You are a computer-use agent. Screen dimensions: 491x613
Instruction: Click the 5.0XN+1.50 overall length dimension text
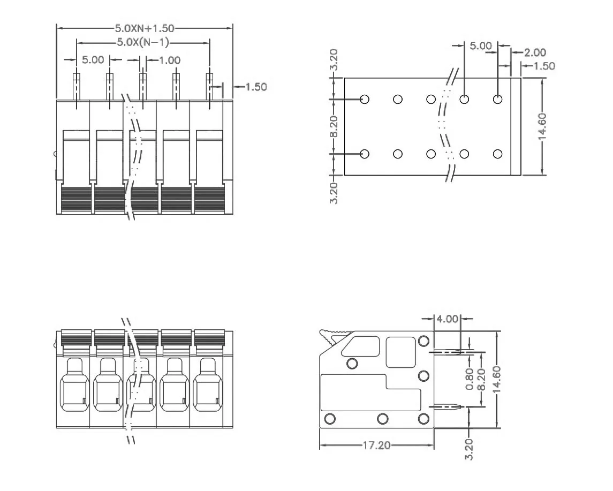click(x=145, y=28)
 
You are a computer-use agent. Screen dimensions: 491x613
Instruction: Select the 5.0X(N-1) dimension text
click(x=143, y=43)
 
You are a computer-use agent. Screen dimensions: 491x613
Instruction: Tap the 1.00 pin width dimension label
click(x=170, y=61)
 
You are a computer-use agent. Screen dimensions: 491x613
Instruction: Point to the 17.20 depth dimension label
click(x=376, y=445)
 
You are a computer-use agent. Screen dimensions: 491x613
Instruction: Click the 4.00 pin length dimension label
click(x=448, y=319)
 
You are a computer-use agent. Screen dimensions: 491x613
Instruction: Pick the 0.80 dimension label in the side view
click(x=470, y=379)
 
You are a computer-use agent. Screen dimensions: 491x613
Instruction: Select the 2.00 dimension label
click(x=535, y=52)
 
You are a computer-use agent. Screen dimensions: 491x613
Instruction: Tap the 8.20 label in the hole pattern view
click(x=333, y=126)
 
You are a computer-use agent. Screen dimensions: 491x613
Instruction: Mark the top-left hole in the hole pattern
click(x=365, y=99)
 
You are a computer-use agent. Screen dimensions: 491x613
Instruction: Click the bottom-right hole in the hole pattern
click(x=497, y=154)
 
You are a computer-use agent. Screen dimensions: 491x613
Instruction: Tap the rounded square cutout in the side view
click(x=400, y=352)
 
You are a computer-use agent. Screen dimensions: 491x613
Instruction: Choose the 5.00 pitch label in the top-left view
click(x=93, y=60)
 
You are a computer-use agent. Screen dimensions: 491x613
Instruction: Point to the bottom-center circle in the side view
click(x=382, y=418)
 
